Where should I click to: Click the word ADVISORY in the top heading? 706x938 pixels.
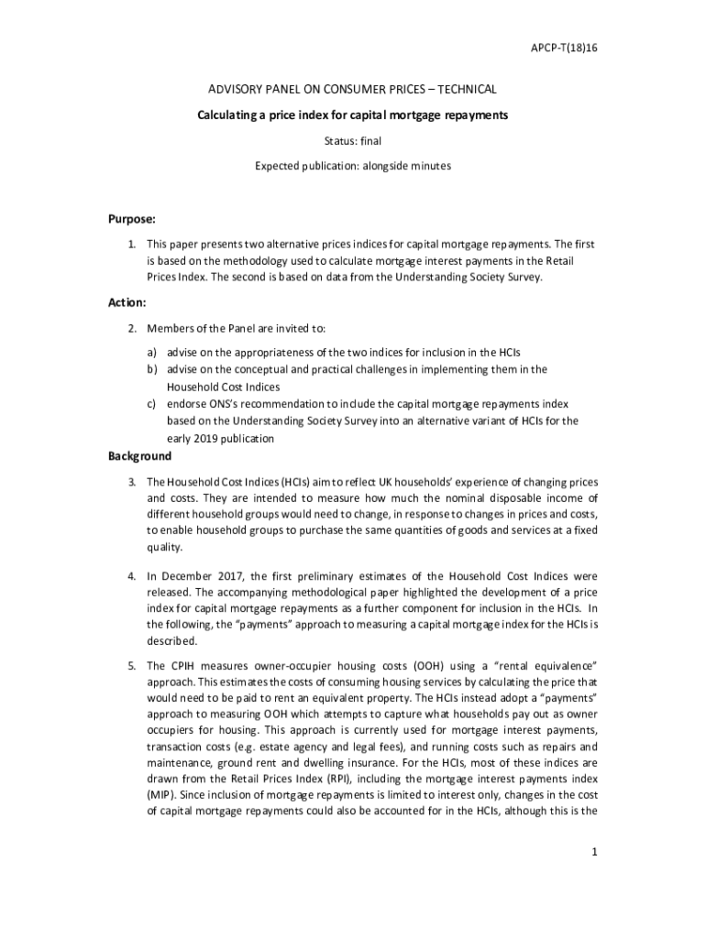236,90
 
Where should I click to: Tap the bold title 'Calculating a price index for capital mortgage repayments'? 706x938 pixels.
353,116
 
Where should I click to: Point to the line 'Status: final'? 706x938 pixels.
353,142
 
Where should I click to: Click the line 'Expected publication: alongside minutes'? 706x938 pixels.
353,167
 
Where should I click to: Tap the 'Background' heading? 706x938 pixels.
139,456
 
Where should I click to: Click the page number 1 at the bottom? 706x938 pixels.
594,853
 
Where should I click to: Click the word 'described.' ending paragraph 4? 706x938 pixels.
172,641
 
